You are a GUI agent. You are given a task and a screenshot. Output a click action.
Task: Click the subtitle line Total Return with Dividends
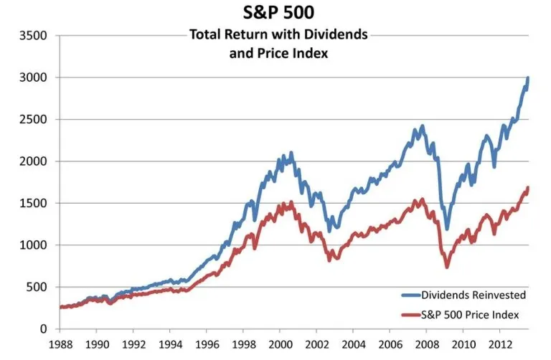[x=279, y=34]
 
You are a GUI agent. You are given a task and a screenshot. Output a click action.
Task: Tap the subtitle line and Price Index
[x=279, y=52]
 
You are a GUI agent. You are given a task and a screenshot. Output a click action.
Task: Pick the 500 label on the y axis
[x=39, y=287]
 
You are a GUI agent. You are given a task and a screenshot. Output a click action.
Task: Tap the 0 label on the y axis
[x=44, y=329]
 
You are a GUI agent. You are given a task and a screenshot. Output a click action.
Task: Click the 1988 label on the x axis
[x=61, y=344]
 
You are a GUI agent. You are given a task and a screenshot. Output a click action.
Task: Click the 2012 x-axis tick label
[x=501, y=344]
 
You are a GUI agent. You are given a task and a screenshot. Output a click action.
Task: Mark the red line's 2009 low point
[x=447, y=267]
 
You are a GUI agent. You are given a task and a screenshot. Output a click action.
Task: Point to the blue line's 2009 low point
[x=447, y=229]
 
